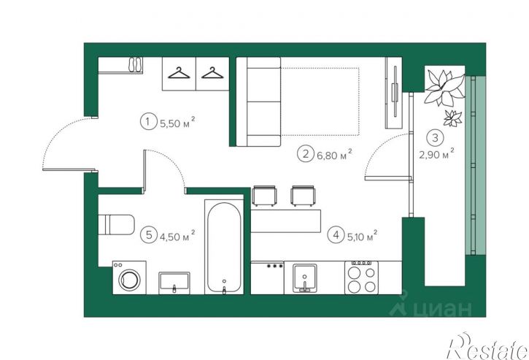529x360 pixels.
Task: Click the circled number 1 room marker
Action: tap(147, 121)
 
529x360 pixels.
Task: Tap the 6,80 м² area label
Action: tap(335, 155)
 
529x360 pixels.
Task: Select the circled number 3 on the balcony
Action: tap(435, 138)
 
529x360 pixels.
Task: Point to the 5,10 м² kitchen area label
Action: tap(362, 236)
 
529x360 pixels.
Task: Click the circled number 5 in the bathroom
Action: tap(150, 234)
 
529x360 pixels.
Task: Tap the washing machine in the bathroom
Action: tap(130, 277)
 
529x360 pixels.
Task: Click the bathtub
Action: tap(224, 248)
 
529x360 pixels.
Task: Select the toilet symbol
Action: tap(117, 224)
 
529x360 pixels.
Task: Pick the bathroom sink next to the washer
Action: tap(174, 283)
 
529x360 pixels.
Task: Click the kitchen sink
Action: tap(305, 277)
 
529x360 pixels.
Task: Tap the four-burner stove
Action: tap(362, 277)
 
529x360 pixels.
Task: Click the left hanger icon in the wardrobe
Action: tap(179, 73)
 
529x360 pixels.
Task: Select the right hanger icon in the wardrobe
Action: tap(212, 73)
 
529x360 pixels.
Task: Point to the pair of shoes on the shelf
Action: tap(136, 64)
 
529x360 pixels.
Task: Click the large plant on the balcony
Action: tap(444, 87)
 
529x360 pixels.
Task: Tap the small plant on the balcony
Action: tap(452, 118)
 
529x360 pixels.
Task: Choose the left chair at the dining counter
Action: tap(264, 196)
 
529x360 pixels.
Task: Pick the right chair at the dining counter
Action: tap(304, 196)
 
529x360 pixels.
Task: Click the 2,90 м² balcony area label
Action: tap(436, 154)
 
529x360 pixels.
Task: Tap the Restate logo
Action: tap(487, 347)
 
